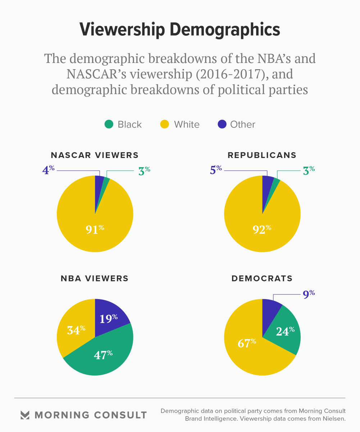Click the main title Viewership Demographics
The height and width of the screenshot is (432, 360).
(179, 30)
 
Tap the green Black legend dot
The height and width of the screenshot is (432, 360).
(109, 125)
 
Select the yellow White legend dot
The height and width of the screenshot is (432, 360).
(164, 125)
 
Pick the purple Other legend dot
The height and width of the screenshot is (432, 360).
(222, 125)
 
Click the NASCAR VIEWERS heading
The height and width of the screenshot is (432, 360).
(95, 155)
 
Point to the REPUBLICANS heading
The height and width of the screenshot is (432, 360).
(262, 155)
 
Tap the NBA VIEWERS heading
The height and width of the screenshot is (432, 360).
(95, 278)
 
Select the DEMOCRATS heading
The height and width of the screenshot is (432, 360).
(262, 278)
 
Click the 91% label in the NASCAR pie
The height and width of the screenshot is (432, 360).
(95, 229)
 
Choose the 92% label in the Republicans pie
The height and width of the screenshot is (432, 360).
(262, 229)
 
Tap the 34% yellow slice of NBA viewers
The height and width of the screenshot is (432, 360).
(76, 330)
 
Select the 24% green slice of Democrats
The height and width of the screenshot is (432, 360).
(285, 330)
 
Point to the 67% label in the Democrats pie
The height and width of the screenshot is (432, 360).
(247, 343)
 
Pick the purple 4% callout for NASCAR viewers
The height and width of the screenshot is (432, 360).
(48, 170)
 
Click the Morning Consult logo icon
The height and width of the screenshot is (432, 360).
(25, 415)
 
